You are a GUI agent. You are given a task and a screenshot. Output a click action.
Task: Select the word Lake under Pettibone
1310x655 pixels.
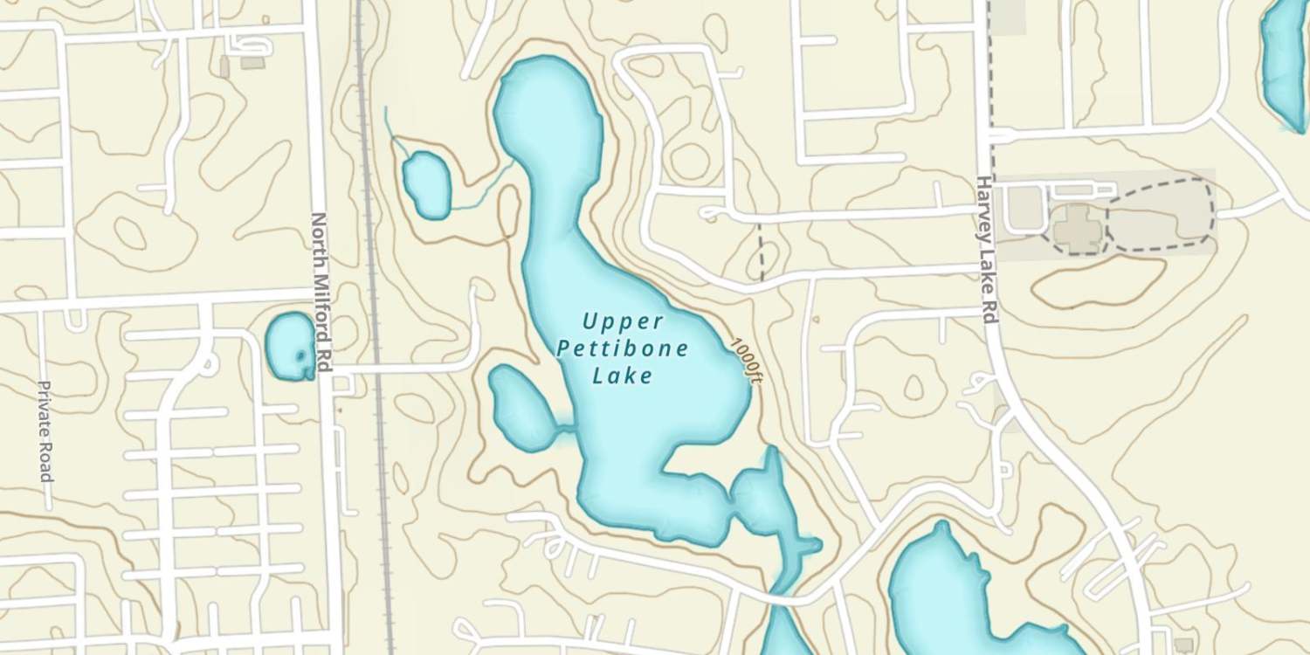pyautogui.click(x=623, y=376)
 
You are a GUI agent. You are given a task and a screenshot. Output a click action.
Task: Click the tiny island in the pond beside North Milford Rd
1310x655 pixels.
pyautogui.click(x=302, y=355)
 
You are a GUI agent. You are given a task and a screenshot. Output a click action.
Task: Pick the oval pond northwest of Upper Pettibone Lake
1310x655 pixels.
pyautogui.click(x=426, y=183)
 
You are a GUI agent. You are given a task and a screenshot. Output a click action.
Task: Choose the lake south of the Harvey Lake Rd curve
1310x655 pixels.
pyautogui.click(x=943, y=594)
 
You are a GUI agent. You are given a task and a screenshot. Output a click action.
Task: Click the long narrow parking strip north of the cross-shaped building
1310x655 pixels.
pyautogui.click(x=1083, y=189)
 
